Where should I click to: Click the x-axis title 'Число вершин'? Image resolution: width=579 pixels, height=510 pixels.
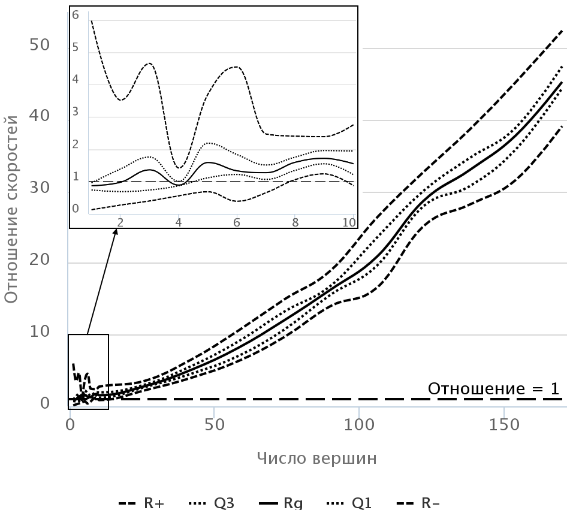click(x=317, y=459)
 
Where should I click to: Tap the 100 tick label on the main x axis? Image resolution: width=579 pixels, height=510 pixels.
click(x=358, y=425)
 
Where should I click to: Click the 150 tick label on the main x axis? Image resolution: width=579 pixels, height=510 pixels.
click(x=503, y=425)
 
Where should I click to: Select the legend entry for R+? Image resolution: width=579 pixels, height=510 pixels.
click(x=142, y=503)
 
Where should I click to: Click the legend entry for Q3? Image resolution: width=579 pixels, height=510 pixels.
click(x=212, y=503)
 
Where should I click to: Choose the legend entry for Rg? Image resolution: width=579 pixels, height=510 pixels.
click(x=281, y=503)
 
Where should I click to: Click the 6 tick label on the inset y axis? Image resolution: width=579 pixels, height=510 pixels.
click(x=76, y=16)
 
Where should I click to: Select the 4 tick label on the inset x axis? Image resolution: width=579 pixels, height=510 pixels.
click(x=179, y=222)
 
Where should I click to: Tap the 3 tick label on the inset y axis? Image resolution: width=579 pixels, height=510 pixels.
click(x=76, y=112)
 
